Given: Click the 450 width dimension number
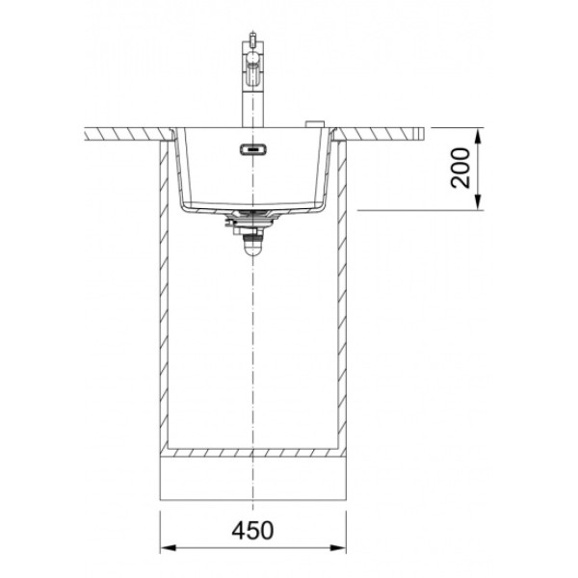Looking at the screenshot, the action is coord(252,531).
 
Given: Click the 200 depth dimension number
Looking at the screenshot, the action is coord(461,168).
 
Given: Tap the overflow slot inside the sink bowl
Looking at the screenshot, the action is coord(252,149).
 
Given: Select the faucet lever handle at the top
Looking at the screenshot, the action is coord(252,39).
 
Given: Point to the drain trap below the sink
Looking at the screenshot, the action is coord(252,242).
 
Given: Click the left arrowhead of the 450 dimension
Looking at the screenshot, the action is coord(168,548).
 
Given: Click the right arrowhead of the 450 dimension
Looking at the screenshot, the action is coord(338,548).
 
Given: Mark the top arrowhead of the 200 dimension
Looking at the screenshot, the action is coord(478,135).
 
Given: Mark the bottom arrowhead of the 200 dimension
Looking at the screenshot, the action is coord(478,202).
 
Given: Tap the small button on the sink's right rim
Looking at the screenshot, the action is coord(315,124).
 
